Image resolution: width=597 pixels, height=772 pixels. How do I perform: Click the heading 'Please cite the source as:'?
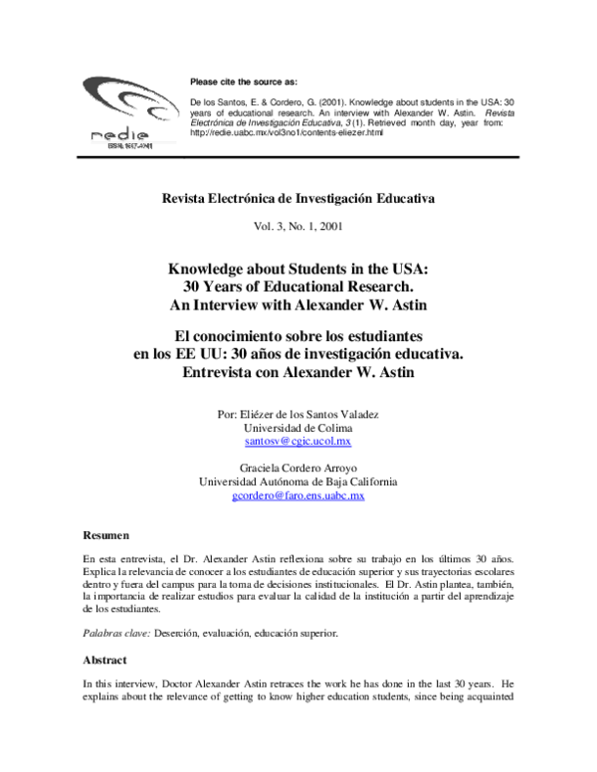[243, 81]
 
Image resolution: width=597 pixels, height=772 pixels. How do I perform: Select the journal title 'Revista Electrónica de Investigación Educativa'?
[298, 198]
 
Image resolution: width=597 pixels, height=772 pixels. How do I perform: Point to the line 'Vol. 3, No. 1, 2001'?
[298, 226]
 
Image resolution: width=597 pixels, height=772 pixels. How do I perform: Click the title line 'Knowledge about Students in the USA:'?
[298, 268]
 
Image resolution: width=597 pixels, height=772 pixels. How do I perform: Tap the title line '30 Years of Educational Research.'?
[298, 286]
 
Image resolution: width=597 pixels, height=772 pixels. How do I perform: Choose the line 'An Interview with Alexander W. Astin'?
[298, 304]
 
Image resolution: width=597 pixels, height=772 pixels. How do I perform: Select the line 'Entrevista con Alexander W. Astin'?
[298, 372]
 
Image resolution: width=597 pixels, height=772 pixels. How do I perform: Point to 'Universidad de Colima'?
[298, 427]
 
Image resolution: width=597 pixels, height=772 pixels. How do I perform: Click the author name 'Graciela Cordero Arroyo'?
[298, 467]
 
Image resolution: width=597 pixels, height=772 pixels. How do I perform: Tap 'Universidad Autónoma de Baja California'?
[298, 481]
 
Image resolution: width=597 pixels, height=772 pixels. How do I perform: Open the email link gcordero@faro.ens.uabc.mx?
[298, 494]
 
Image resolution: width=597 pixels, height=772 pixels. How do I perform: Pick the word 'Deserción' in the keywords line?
[183, 632]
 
